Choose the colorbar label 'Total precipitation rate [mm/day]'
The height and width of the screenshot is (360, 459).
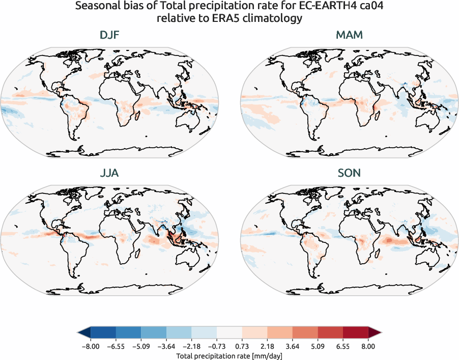(x=229, y=355)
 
